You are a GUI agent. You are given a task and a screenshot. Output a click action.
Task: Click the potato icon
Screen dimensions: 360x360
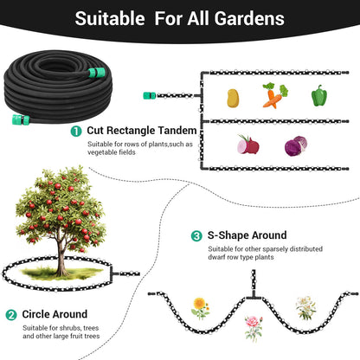coord(233,98)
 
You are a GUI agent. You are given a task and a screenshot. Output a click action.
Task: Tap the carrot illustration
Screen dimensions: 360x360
coord(274,96)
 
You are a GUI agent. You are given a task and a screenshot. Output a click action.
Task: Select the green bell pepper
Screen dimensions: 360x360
coord(319,95)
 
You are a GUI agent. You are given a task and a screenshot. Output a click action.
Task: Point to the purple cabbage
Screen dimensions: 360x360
coord(296,146)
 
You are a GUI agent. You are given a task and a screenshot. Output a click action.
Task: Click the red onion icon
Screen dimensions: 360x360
coord(248,145)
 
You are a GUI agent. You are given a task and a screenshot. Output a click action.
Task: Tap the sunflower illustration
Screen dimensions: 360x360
coord(200,309)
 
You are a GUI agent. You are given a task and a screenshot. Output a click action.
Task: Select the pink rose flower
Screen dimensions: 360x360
coord(254,328)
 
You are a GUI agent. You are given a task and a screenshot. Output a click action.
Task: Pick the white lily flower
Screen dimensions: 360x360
coord(305,308)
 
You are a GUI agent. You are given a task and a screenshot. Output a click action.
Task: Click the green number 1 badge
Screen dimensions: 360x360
coord(76,132)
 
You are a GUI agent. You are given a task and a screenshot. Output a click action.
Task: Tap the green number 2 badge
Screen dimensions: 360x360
coord(11,315)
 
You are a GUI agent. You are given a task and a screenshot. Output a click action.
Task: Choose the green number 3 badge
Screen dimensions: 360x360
coord(196,236)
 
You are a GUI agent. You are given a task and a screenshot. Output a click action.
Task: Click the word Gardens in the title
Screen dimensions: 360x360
coord(249,18)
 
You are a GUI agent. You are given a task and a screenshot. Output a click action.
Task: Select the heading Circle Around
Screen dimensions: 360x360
coord(55,314)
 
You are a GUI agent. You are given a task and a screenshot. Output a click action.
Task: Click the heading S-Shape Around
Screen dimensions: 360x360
coord(247,235)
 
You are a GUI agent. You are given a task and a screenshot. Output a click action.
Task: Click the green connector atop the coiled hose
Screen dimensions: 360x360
coord(97,73)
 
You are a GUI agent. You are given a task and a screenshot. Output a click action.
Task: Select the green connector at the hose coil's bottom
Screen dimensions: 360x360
coord(21,119)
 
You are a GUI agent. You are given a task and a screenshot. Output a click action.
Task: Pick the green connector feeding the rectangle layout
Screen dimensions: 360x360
coord(150,95)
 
